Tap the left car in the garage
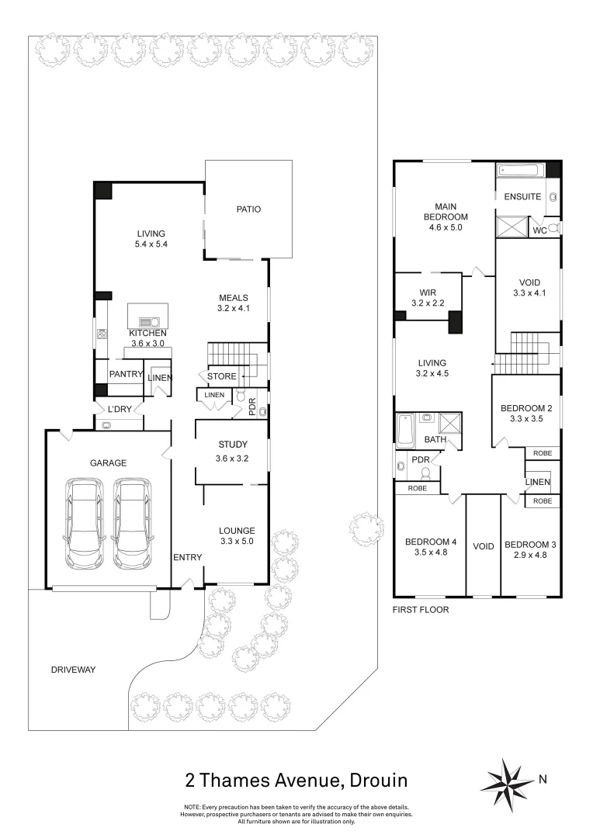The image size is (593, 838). point(85,523)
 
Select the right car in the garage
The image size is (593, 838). point(133,523)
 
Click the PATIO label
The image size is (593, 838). point(248,209)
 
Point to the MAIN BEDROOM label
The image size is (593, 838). point(445,211)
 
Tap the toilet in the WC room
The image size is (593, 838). point(553,228)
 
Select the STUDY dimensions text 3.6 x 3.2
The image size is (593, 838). point(231,458)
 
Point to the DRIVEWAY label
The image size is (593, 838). point(73,670)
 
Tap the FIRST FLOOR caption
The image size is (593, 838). point(421,610)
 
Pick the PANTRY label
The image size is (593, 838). point(126,374)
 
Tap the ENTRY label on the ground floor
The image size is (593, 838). point(187,557)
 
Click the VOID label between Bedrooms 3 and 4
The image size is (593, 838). point(484,546)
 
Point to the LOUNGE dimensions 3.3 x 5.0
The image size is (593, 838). point(237,541)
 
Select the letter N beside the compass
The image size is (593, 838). point(543,779)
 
